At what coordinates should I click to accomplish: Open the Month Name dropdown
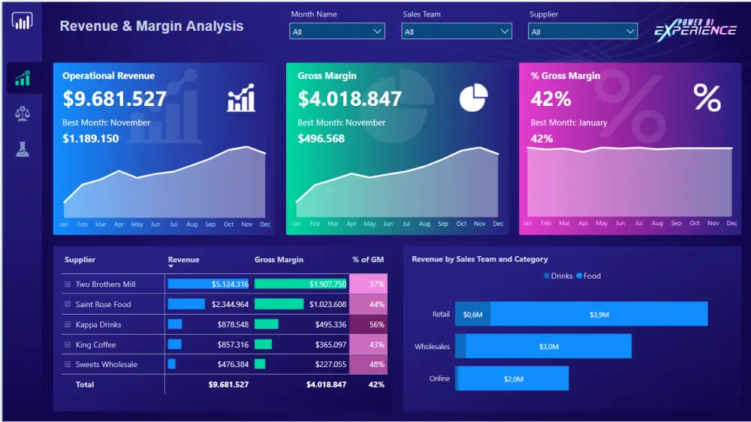pyautogui.click(x=336, y=32)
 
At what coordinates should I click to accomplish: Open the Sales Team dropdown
pyautogui.click(x=457, y=32)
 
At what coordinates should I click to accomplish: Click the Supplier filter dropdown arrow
pyautogui.click(x=630, y=32)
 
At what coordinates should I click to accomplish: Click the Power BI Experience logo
pyautogui.click(x=695, y=30)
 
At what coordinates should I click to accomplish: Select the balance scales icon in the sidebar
pyautogui.click(x=23, y=114)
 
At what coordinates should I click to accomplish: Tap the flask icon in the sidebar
pyautogui.click(x=23, y=149)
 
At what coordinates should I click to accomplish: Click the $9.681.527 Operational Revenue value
pyautogui.click(x=114, y=98)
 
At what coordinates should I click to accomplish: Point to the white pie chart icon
pyautogui.click(x=473, y=98)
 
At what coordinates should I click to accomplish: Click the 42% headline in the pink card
pyautogui.click(x=550, y=99)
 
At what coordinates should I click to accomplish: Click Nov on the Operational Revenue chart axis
pyautogui.click(x=246, y=225)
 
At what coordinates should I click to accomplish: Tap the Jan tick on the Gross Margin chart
pyautogui.click(x=297, y=224)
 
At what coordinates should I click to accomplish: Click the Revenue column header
pyautogui.click(x=183, y=260)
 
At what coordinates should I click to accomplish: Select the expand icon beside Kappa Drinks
pyautogui.click(x=68, y=324)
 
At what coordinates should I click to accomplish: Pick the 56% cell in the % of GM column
pyautogui.click(x=368, y=324)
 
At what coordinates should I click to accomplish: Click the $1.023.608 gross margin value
pyautogui.click(x=327, y=304)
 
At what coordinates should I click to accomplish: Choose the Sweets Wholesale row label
pyautogui.click(x=107, y=364)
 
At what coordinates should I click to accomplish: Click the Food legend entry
pyautogui.click(x=589, y=276)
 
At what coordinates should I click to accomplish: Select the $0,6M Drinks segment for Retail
pyautogui.click(x=472, y=314)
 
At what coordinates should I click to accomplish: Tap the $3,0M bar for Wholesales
pyautogui.click(x=548, y=346)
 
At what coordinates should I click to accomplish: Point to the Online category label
pyautogui.click(x=439, y=378)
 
